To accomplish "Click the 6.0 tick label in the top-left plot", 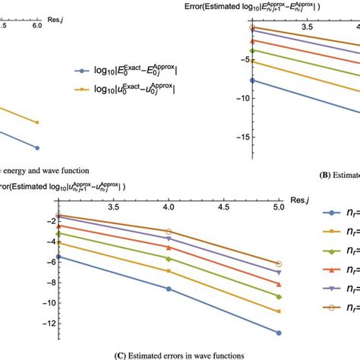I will click(36, 24).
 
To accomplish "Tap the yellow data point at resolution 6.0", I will click(37, 122).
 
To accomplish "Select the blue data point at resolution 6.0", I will click(37, 148).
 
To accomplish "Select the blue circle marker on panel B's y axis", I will click(253, 80).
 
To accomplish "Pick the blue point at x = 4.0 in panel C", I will click(169, 289).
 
